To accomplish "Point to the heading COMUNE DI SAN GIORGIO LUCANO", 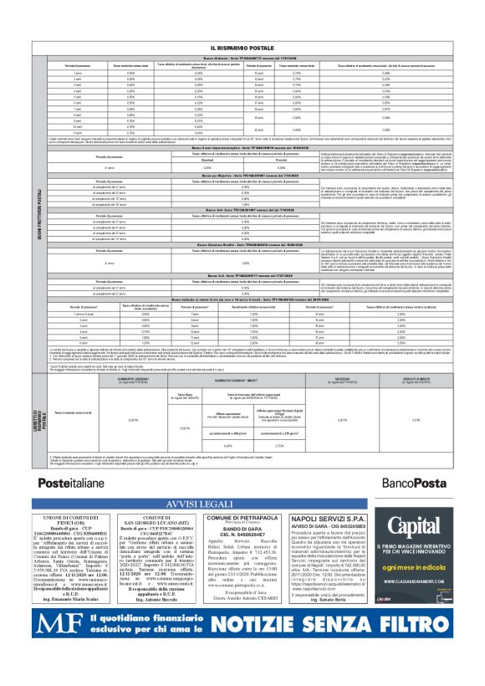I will pos(156,523).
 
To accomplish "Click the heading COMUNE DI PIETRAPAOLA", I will pos(240,519).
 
